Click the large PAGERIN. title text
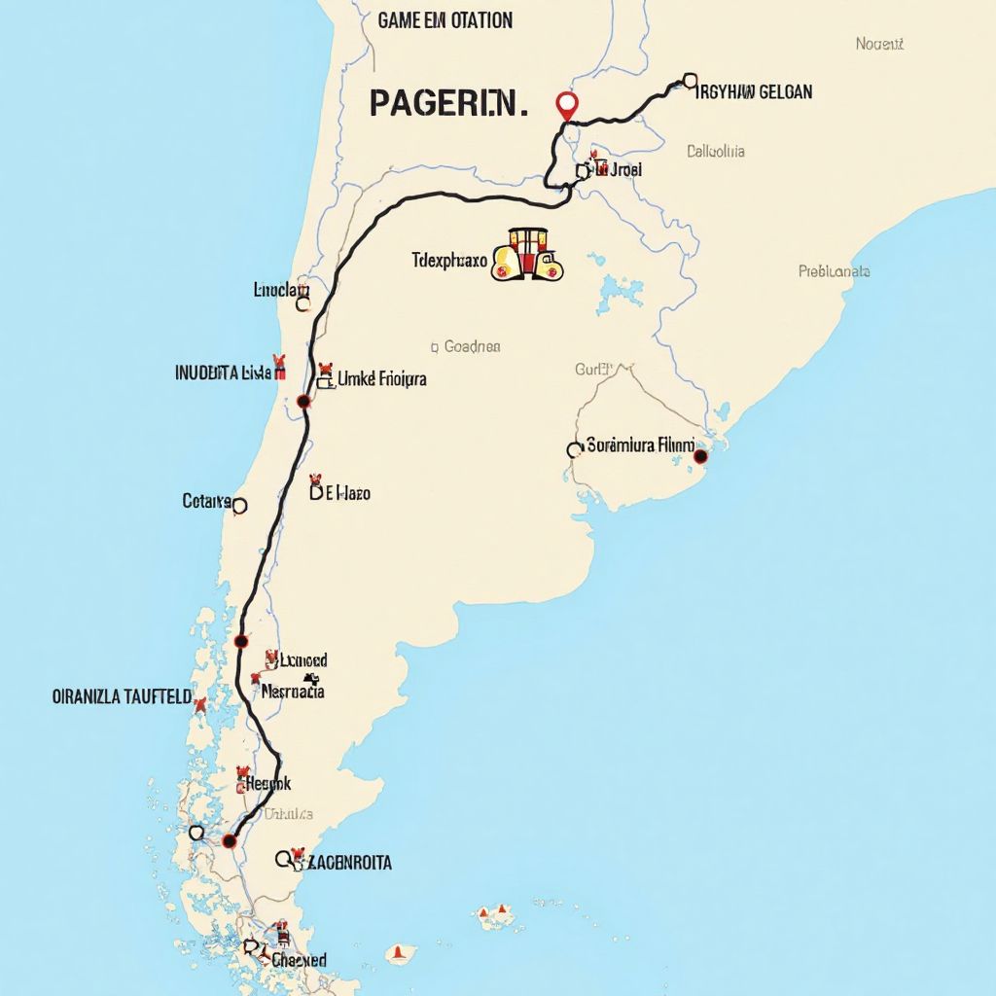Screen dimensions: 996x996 point(448,102)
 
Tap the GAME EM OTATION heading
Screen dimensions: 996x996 point(445,20)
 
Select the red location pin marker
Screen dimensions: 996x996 point(565,103)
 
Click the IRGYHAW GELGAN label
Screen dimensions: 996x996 point(755,92)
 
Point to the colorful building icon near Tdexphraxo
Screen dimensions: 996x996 point(528,256)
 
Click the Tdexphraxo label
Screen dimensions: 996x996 point(448,261)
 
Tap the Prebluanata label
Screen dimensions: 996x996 point(834,271)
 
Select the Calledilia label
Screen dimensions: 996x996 point(716,151)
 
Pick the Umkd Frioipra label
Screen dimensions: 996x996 point(381,379)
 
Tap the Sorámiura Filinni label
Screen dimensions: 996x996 point(641,446)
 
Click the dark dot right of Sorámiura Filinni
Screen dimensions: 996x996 point(700,455)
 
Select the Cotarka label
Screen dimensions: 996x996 point(207,501)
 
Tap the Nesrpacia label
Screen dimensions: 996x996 point(293,693)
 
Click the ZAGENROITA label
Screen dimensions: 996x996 point(348,862)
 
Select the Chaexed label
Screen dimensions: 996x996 point(299,960)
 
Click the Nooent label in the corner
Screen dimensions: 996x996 point(879,44)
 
